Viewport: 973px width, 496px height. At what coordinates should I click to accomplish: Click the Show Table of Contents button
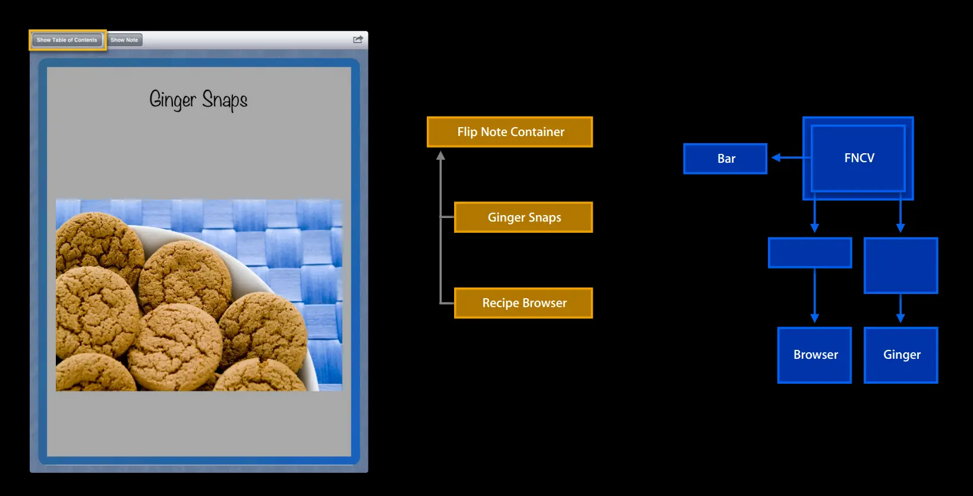click(x=67, y=40)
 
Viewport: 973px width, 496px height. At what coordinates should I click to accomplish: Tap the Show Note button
click(x=124, y=40)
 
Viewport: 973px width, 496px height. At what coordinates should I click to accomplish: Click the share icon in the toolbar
click(x=358, y=40)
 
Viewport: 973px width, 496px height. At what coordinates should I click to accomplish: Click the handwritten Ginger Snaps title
click(x=198, y=100)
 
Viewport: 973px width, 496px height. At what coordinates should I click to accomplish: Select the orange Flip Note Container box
click(x=510, y=132)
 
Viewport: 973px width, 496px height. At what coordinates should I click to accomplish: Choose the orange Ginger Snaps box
click(x=524, y=217)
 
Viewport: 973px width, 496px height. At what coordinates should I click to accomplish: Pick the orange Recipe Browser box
click(x=524, y=303)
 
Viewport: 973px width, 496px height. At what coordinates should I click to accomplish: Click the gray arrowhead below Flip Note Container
click(x=440, y=156)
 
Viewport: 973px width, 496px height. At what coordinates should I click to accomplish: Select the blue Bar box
click(x=725, y=159)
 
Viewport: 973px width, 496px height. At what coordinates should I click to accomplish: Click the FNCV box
click(x=858, y=158)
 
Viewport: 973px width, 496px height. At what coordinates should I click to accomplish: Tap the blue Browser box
click(x=815, y=355)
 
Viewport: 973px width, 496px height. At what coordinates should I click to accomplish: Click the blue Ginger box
click(x=901, y=355)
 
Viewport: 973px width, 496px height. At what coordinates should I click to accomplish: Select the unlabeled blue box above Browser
click(x=810, y=253)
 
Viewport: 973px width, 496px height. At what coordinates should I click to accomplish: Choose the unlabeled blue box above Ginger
click(x=900, y=266)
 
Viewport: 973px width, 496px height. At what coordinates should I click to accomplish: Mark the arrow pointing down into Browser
click(x=814, y=297)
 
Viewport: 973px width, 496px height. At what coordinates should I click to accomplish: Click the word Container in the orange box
click(x=539, y=132)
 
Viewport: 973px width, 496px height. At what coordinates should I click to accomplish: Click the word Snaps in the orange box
click(x=544, y=217)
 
